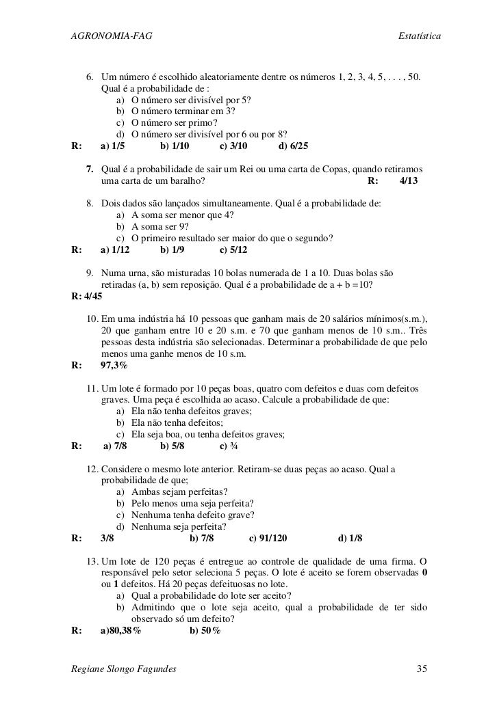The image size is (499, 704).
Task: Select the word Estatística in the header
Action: [x=419, y=35]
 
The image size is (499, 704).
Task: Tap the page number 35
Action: [x=423, y=668]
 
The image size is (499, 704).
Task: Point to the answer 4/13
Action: [x=409, y=181]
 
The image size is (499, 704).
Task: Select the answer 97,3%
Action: [x=114, y=365]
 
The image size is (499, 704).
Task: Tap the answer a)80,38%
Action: [x=121, y=630]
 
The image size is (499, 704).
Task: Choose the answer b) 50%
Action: [x=205, y=630]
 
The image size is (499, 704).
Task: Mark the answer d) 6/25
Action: [x=294, y=146]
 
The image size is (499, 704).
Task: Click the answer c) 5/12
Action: [x=234, y=249]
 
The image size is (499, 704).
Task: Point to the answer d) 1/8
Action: [x=350, y=538]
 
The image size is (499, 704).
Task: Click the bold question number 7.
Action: [x=90, y=169]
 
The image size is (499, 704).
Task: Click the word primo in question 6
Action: [x=203, y=122]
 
